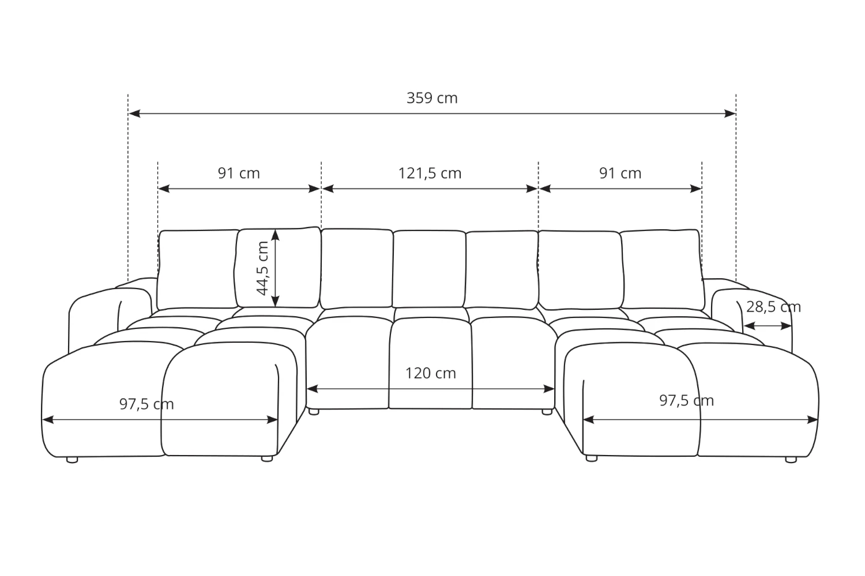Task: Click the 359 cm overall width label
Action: pos(432,98)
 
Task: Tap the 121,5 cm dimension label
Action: pos(430,173)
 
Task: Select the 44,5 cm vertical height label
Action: pos(262,268)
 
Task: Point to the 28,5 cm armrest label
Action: pos(773,307)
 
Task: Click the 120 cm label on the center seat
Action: pos(431,373)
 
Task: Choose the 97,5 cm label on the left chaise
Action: pos(146,404)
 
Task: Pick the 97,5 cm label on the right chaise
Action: pos(686,400)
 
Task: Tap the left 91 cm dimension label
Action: pos(239,173)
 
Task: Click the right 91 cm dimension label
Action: pos(620,173)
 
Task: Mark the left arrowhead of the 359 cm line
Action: pos(134,113)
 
